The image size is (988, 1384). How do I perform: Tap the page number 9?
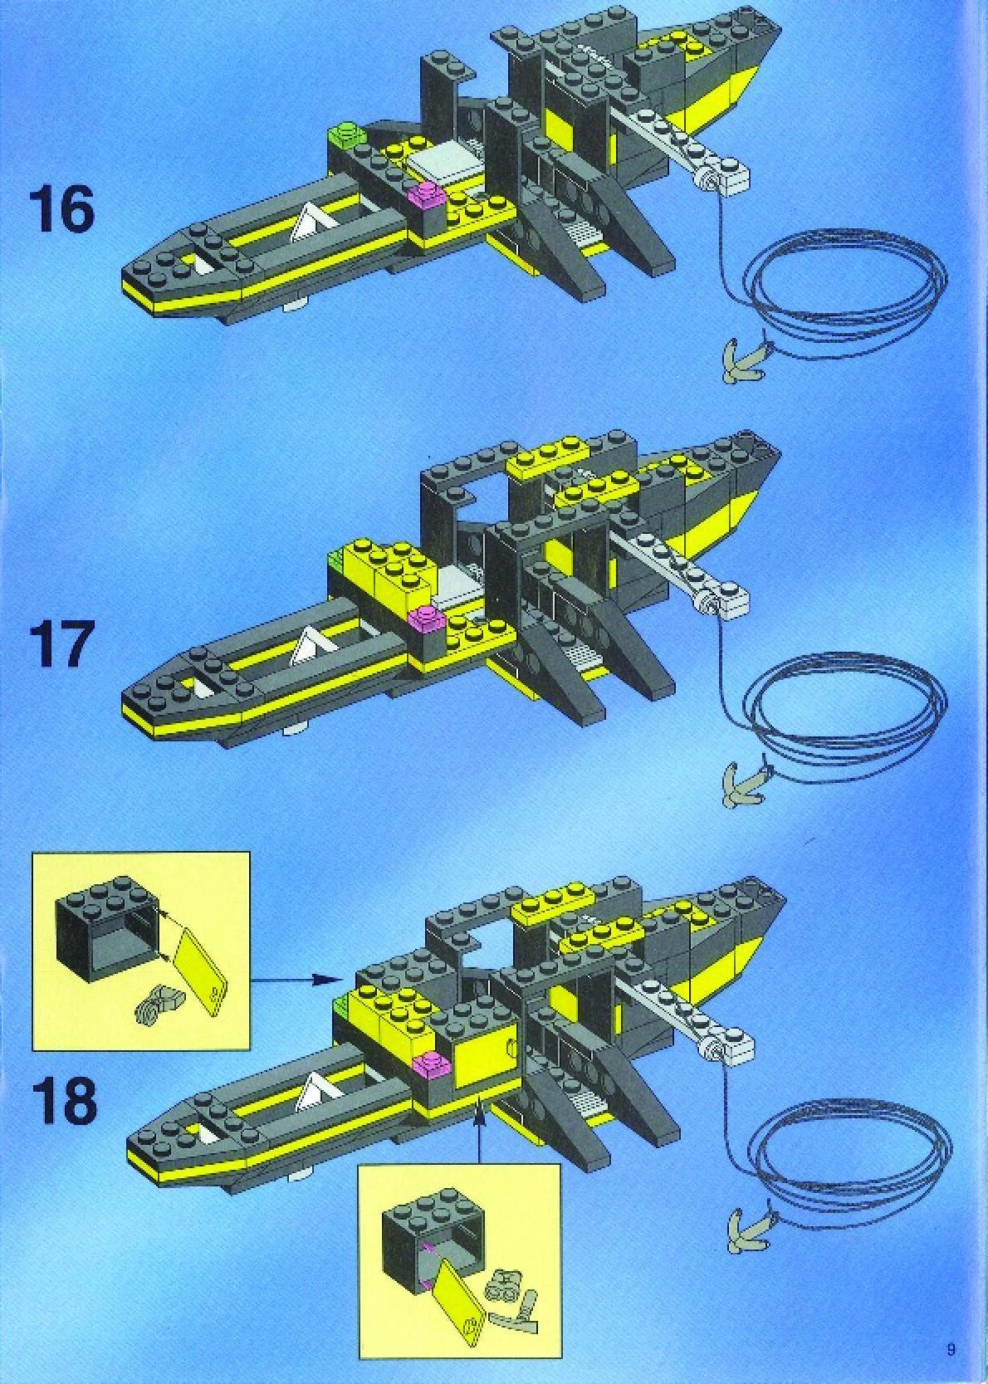tap(951, 1349)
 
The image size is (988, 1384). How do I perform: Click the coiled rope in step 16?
tap(847, 291)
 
